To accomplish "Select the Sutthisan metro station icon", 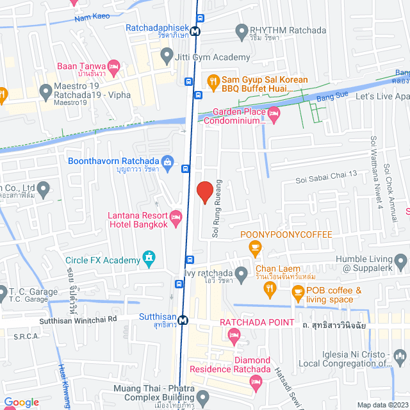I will pos(183,320).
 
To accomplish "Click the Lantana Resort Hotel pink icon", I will pos(177,218).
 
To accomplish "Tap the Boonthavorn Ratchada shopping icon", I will pos(167,161).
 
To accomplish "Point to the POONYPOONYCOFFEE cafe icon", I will pos(256,247).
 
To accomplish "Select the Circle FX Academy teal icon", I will pos(149,259).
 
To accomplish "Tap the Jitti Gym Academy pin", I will pos(166,57).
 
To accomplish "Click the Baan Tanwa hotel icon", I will pos(114,65).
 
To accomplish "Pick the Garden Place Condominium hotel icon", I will pos(275,115).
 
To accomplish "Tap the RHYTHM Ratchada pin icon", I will pos(242,30).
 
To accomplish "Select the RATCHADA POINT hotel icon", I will pos(234,334).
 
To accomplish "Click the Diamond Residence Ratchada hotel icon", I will pos(256,382).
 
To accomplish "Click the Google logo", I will pos(20,402).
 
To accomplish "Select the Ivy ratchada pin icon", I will pos(242,275).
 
